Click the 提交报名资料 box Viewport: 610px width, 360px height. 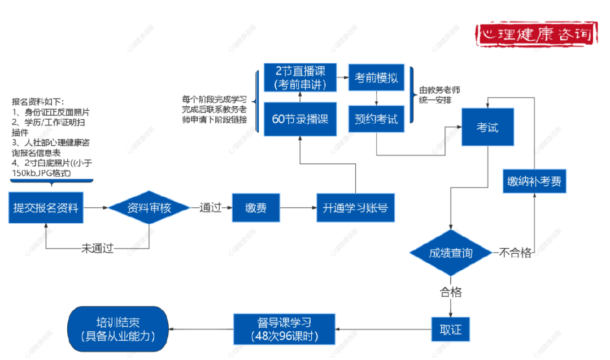coord(47,207)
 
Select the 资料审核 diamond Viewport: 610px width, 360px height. coord(149,207)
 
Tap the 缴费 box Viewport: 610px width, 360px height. coord(256,207)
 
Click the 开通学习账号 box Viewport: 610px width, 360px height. coord(355,207)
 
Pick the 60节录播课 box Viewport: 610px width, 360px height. coord(300,119)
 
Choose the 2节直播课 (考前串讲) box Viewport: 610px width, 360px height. coord(300,77)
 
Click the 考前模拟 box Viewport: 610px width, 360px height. coord(376,77)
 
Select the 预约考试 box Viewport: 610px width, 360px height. coord(376,119)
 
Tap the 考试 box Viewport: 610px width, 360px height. coord(488,127)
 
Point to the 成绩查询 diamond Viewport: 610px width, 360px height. coord(450,253)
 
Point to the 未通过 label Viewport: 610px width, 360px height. coord(97,248)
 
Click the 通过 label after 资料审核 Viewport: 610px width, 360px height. coord(210,207)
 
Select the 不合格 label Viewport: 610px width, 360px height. coord(515,253)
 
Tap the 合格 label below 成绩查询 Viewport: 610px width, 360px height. coord(451,292)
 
